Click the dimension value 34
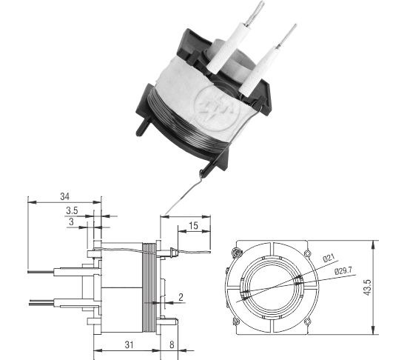click(65, 196)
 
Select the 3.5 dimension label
click(72, 210)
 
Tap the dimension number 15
click(193, 226)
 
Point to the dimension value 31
click(129, 345)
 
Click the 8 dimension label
click(172, 345)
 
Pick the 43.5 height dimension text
click(368, 287)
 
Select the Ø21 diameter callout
click(329, 259)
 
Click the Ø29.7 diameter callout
click(343, 271)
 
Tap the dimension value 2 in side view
click(181, 297)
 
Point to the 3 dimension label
click(71, 221)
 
